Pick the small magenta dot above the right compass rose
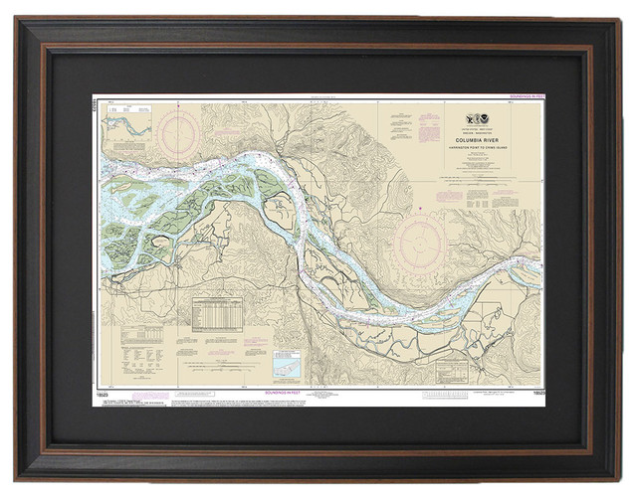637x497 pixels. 421,209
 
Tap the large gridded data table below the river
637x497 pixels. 216,315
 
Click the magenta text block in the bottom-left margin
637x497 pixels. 134,400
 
